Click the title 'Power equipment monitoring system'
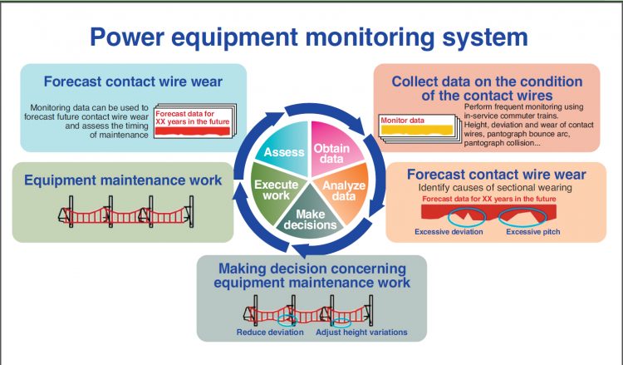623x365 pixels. (x=308, y=37)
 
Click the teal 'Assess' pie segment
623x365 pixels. (x=285, y=152)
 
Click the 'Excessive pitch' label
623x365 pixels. (x=536, y=230)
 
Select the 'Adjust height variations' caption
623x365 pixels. (x=361, y=332)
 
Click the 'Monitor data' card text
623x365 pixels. (x=404, y=121)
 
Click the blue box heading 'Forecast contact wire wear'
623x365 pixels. (x=121, y=82)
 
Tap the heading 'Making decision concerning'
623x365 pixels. (x=311, y=269)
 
